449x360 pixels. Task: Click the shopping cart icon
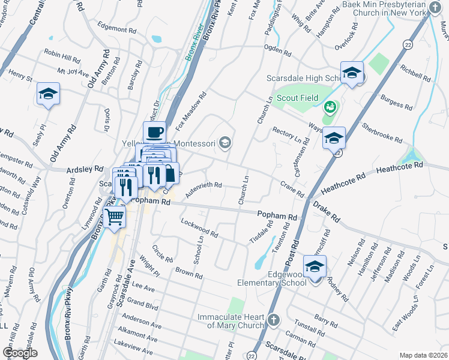[115, 216]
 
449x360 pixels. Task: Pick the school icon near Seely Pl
[48, 94]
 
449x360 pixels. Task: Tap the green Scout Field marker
[328, 107]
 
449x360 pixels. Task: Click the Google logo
[20, 353]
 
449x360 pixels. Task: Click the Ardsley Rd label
[81, 169]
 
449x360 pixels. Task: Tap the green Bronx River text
[191, 46]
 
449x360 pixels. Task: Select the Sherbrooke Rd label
[382, 132]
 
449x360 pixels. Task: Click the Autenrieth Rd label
[203, 190]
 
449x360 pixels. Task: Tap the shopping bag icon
[170, 173]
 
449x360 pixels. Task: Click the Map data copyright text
[423, 355]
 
